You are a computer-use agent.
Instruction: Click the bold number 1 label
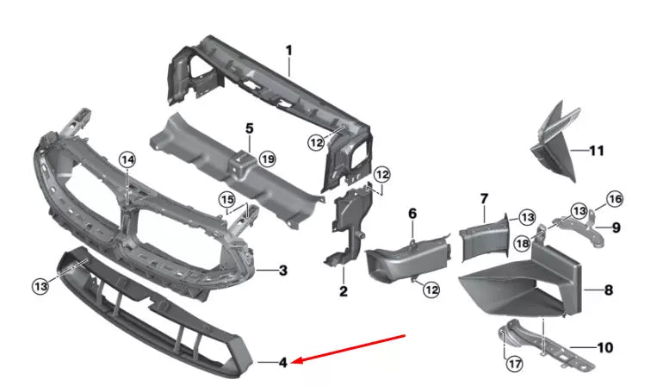[289, 50]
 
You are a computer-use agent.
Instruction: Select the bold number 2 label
[343, 292]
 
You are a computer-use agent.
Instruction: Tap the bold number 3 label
[282, 270]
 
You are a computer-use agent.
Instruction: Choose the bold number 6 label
[412, 213]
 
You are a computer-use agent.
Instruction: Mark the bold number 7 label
[483, 200]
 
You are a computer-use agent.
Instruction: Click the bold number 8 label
[609, 290]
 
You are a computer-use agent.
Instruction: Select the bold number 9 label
[617, 227]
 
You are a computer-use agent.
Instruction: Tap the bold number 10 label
[604, 348]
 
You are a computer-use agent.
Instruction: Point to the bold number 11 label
[596, 151]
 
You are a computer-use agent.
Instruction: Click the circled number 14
[127, 159]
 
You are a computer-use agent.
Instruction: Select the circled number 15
[227, 201]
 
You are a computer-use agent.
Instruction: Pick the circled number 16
[615, 200]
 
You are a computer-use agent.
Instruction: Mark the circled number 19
[267, 159]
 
